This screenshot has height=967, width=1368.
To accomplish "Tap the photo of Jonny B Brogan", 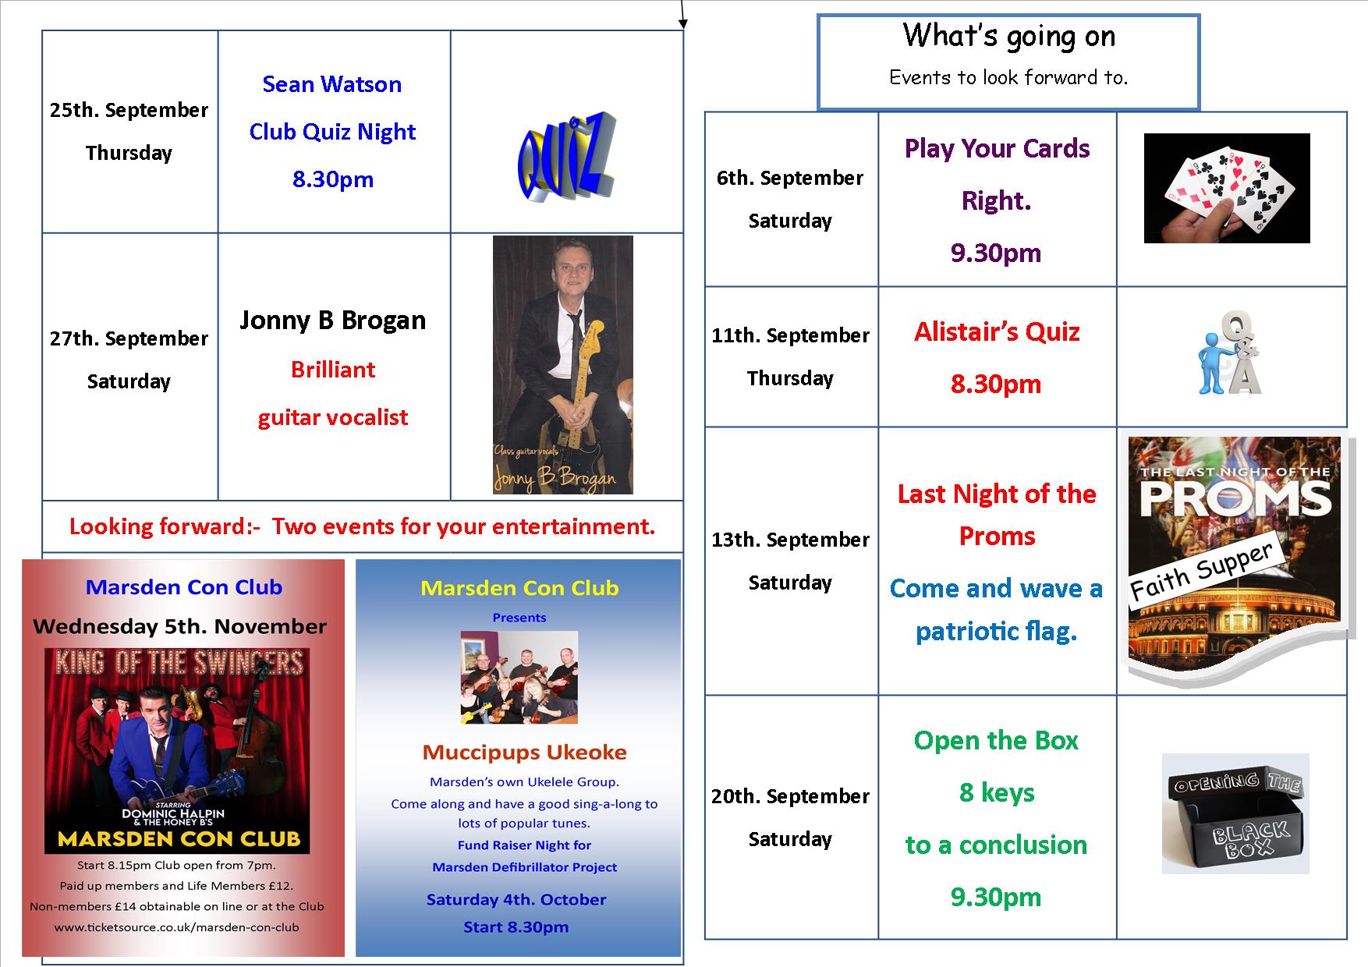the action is pos(562,365).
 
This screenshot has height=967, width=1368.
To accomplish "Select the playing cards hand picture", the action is pos(1227,188).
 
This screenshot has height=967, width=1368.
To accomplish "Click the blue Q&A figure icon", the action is pos(1230,353).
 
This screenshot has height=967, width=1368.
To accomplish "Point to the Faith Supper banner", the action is pos(1201,571).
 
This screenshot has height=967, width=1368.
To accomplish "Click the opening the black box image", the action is pos(1235,813).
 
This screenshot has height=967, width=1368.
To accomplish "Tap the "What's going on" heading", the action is pos(1008,36).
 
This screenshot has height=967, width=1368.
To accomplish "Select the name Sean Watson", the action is pos(332,84).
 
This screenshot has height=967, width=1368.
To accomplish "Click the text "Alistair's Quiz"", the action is pos(997,332).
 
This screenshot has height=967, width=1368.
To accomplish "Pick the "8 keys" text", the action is pos(997,792).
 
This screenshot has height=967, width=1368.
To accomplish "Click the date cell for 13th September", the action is pos(791,561).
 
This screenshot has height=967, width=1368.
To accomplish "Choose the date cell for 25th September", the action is pos(129,131).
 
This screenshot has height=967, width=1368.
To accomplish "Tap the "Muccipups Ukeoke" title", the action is pos(524,753).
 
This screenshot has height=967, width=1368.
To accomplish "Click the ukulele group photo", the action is pos(519,678).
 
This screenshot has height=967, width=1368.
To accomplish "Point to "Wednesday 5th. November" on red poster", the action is pos(180,626).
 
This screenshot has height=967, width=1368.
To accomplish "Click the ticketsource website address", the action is pos(176,927).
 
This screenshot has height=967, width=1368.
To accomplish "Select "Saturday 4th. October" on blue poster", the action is pos(516,899).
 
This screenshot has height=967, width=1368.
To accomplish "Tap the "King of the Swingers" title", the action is pos(179,663).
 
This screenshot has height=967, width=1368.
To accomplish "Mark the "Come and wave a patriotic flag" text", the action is pos(997,609).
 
